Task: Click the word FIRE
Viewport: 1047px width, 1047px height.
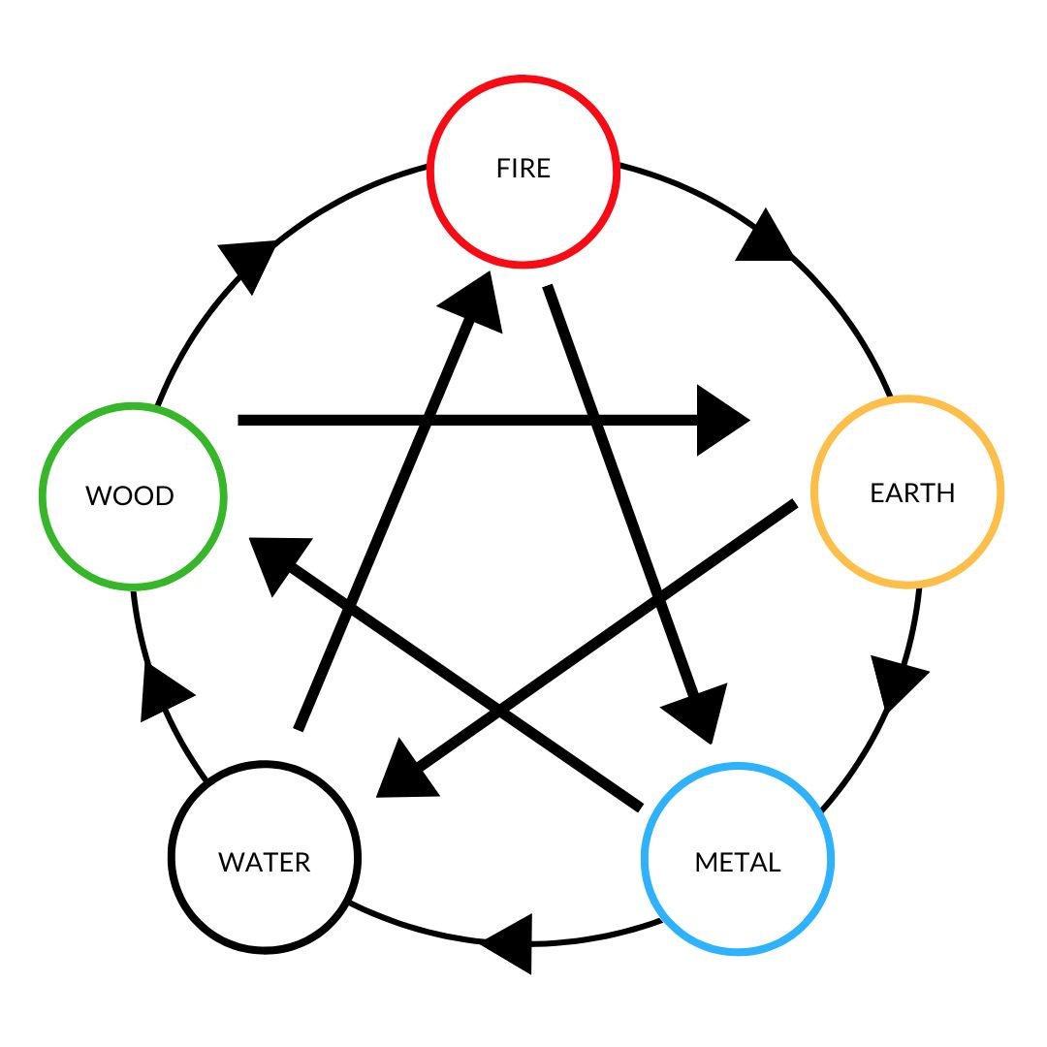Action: click(x=523, y=169)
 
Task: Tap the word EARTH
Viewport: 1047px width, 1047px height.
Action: click(x=912, y=492)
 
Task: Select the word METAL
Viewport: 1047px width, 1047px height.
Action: click(x=738, y=862)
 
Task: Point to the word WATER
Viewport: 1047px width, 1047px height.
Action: click(x=265, y=862)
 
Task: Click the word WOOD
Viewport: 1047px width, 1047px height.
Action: click(x=130, y=496)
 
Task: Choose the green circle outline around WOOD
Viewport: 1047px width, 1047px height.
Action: click(x=224, y=496)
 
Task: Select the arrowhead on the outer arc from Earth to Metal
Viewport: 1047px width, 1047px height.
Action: click(x=898, y=679)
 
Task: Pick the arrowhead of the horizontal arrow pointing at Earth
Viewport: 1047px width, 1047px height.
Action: click(x=719, y=420)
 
